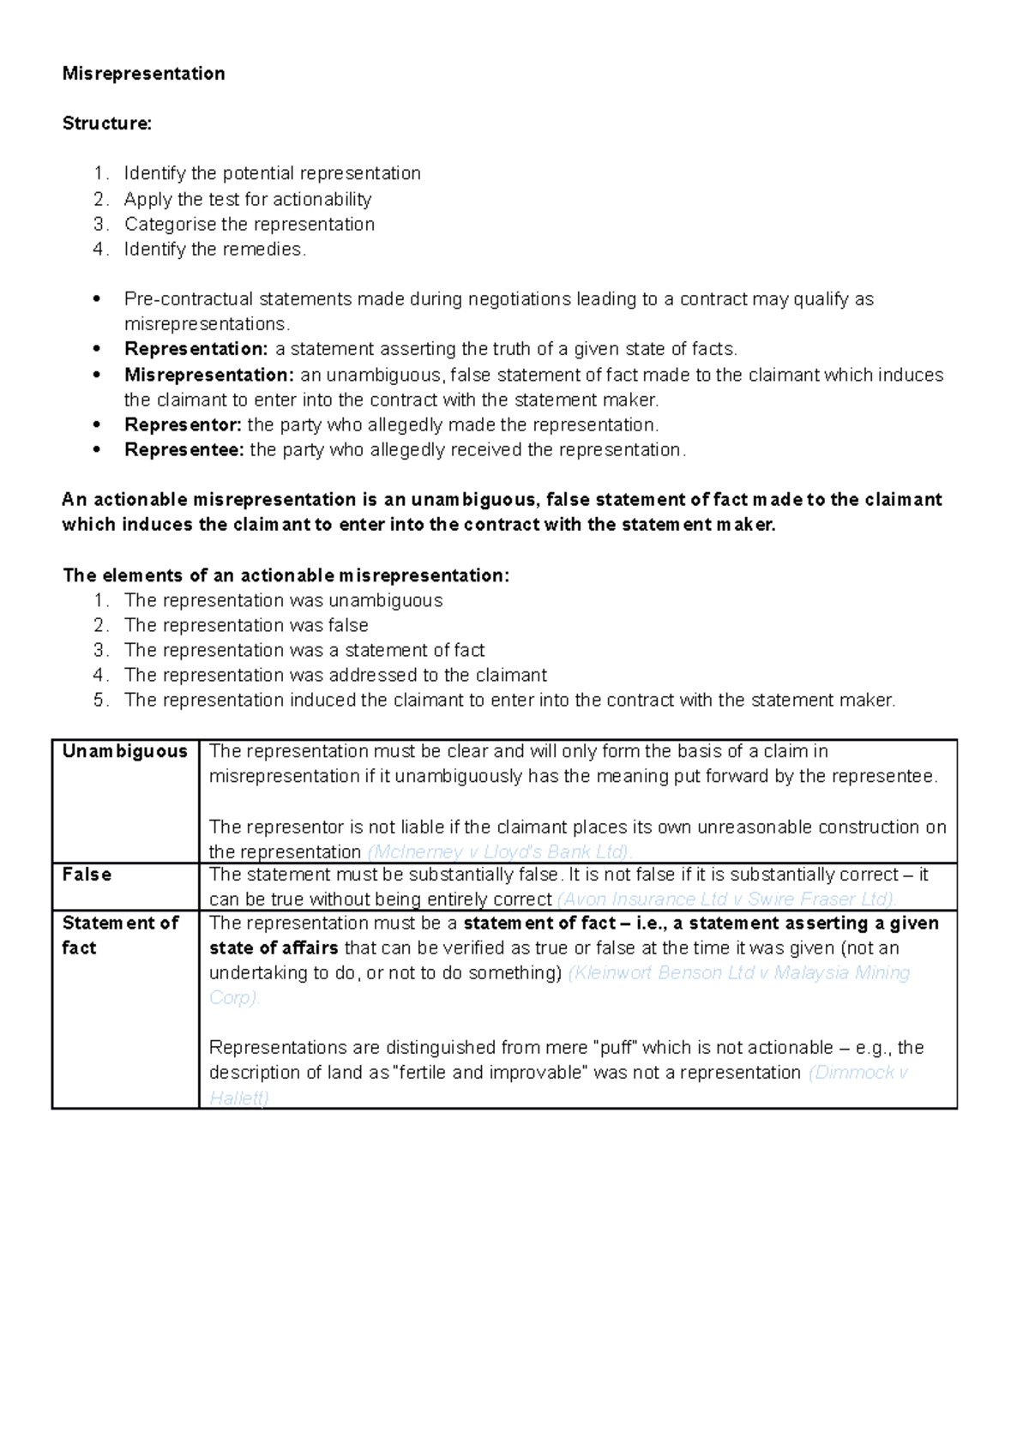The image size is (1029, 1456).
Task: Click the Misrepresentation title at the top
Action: click(x=143, y=74)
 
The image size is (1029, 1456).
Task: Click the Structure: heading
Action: click(x=106, y=123)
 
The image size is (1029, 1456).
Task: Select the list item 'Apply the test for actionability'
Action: click(x=247, y=199)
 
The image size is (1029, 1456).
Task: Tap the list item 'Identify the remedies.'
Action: click(x=214, y=250)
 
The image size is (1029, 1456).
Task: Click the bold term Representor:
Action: click(x=183, y=425)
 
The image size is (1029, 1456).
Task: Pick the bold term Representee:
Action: click(x=184, y=450)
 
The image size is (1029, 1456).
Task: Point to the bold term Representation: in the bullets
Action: click(x=196, y=349)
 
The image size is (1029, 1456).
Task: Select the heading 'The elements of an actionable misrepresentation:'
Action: click(x=286, y=575)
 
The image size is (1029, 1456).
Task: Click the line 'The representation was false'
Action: click(x=246, y=625)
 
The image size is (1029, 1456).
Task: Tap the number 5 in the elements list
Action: click(x=100, y=701)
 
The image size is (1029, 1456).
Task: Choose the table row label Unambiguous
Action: click(x=124, y=752)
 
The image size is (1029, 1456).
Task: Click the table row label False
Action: click(x=87, y=875)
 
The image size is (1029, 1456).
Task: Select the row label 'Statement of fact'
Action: click(x=119, y=936)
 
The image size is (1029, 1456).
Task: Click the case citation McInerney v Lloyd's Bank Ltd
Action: click(x=498, y=852)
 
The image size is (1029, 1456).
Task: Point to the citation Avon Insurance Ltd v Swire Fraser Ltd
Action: click(x=726, y=899)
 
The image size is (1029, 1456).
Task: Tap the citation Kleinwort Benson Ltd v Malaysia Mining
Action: click(x=738, y=973)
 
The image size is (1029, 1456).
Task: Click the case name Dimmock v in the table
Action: click(x=857, y=1073)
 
